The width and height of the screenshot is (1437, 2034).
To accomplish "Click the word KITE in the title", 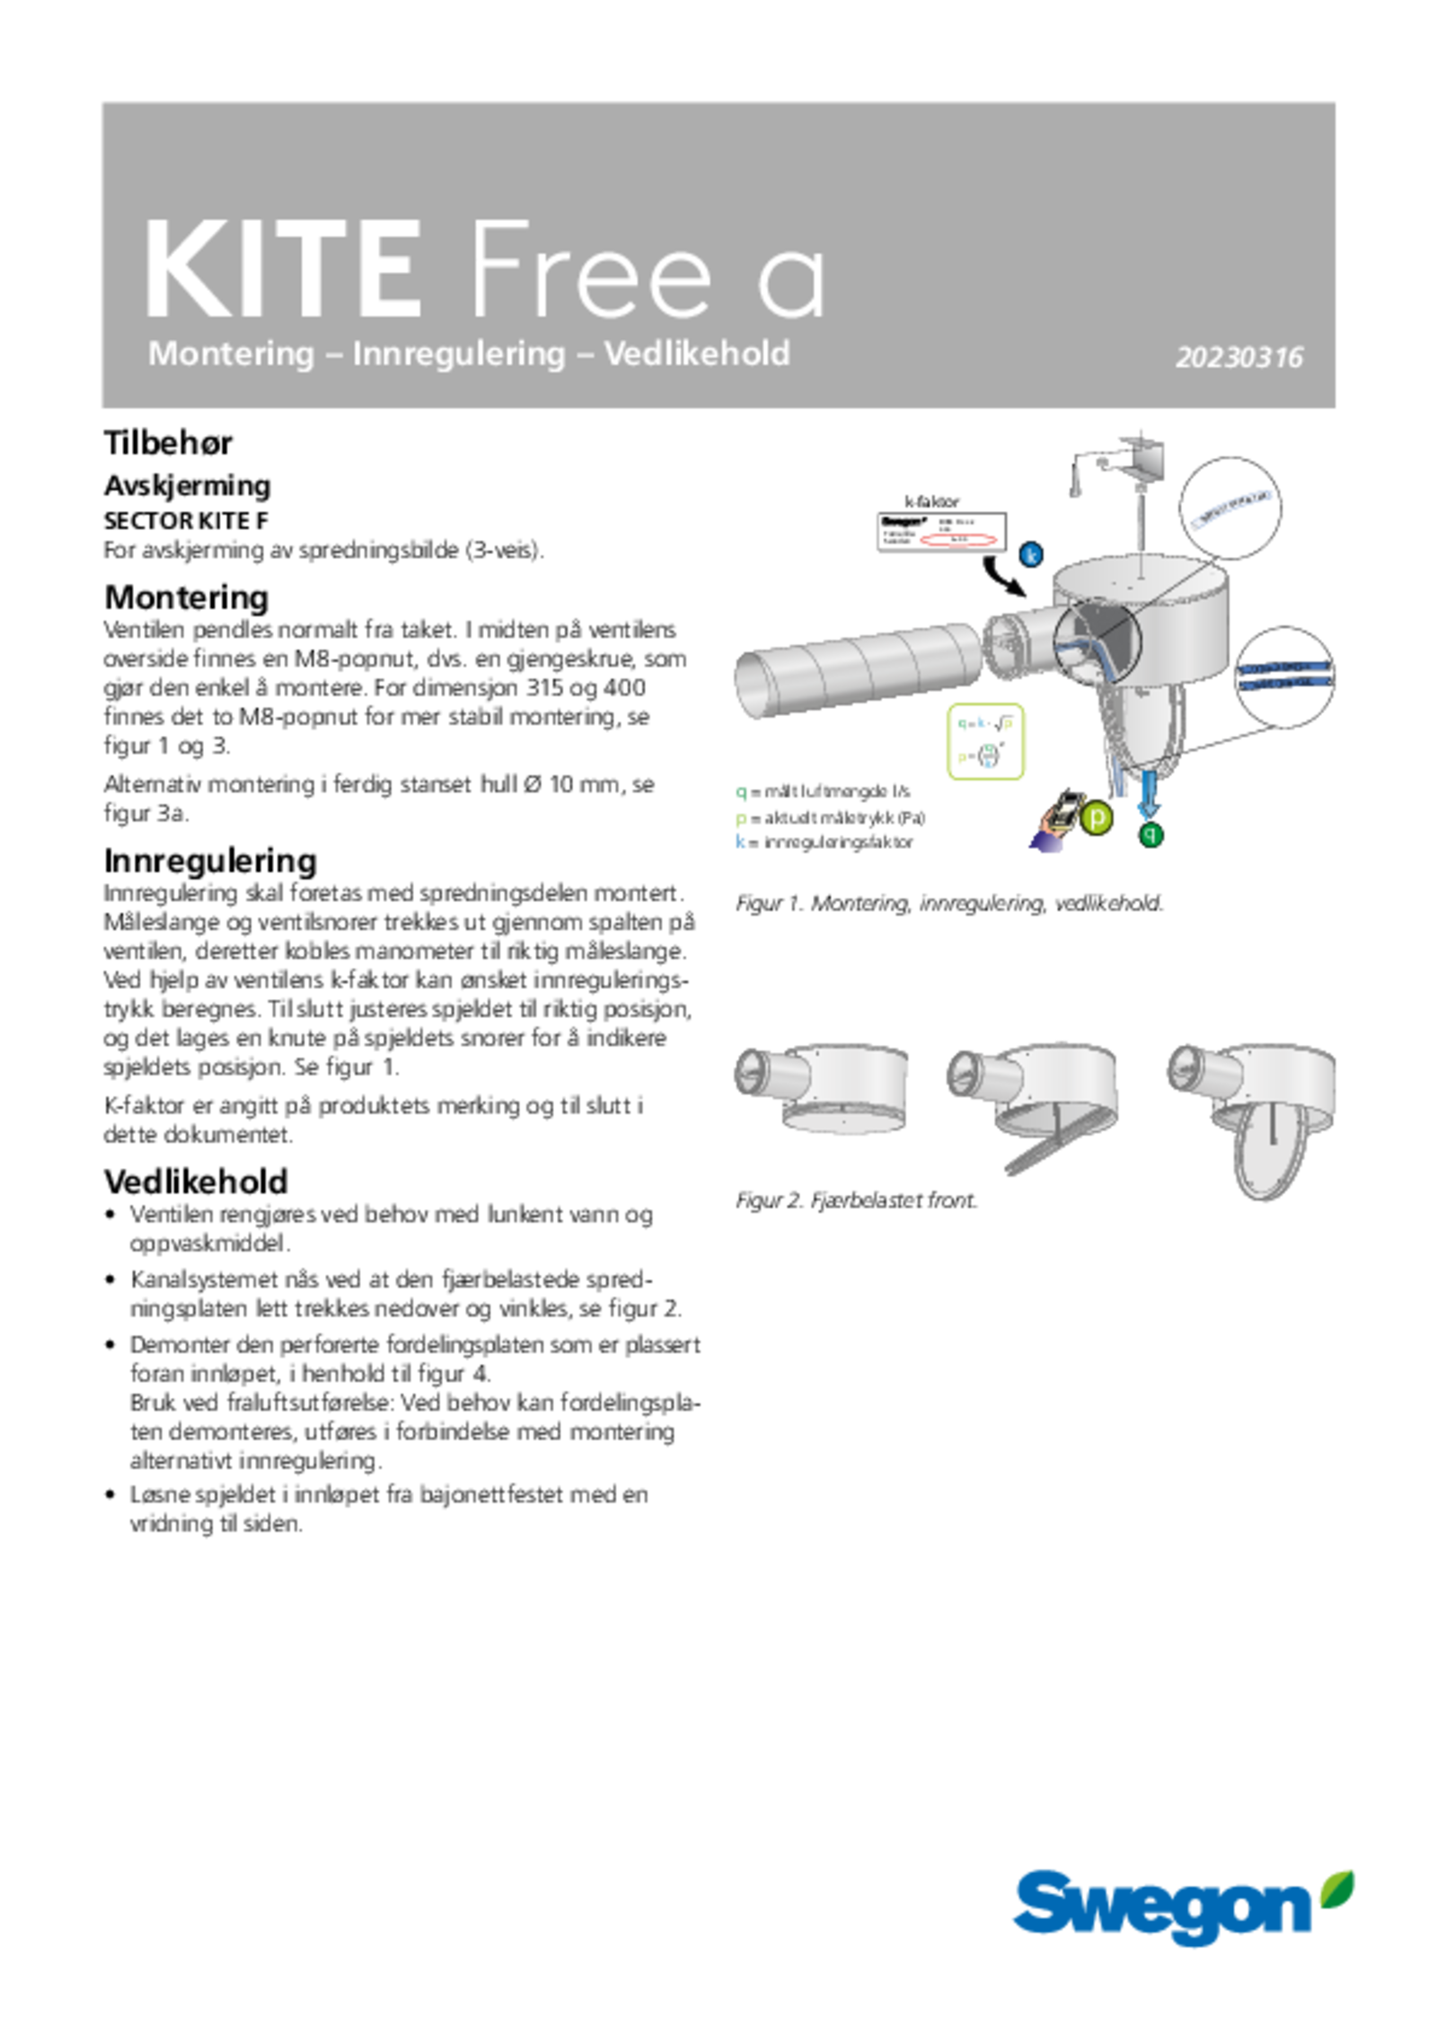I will click(x=283, y=269).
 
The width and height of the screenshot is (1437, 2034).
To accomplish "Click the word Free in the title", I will click(x=589, y=269).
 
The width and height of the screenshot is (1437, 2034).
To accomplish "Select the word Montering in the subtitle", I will click(x=231, y=354).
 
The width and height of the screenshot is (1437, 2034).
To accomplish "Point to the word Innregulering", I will click(x=459, y=354).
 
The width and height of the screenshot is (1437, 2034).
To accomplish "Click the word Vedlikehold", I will click(x=697, y=354).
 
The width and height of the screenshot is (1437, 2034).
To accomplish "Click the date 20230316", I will click(x=1239, y=358).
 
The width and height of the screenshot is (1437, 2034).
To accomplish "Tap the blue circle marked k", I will click(x=1032, y=553).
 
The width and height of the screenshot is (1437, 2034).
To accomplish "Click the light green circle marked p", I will click(x=1097, y=818).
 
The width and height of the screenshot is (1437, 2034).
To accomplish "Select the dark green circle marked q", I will click(x=1152, y=836).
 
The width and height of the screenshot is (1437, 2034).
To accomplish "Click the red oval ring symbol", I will click(x=958, y=539).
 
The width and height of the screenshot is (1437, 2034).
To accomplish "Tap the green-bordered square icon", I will click(x=985, y=741).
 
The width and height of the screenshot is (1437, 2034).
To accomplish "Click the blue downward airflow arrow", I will click(x=1148, y=795).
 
